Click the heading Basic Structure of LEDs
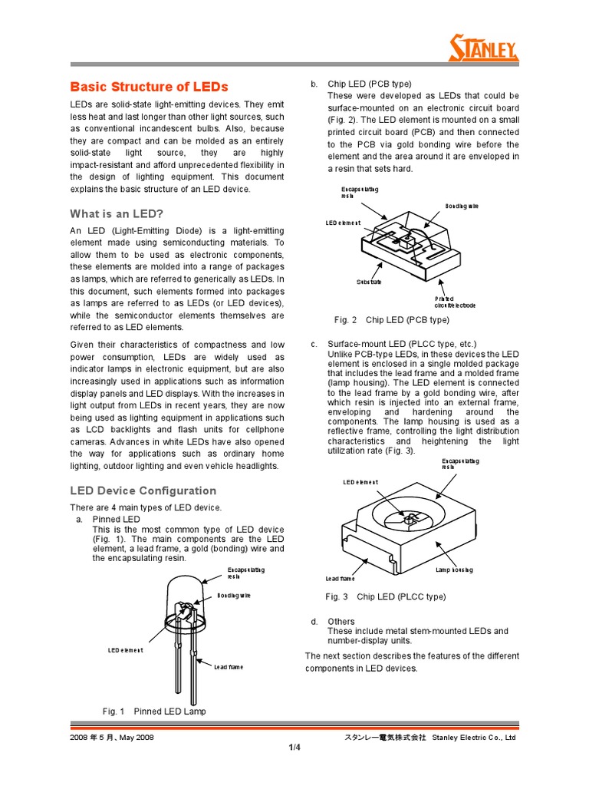(x=149, y=87)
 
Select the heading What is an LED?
(x=117, y=213)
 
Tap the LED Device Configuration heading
(x=143, y=490)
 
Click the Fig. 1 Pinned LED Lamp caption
(x=154, y=712)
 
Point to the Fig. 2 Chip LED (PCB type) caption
(x=391, y=319)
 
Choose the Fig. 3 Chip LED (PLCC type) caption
(x=385, y=596)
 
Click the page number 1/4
(x=294, y=748)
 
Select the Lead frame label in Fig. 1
(x=229, y=667)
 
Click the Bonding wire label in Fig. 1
(x=233, y=595)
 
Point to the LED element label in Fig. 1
(x=125, y=650)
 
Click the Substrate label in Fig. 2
(x=369, y=282)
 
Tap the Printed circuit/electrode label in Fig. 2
(x=455, y=302)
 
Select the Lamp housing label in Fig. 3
(x=454, y=570)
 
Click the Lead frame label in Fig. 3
(x=341, y=578)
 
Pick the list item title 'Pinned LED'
(x=116, y=519)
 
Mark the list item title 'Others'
(x=341, y=621)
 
